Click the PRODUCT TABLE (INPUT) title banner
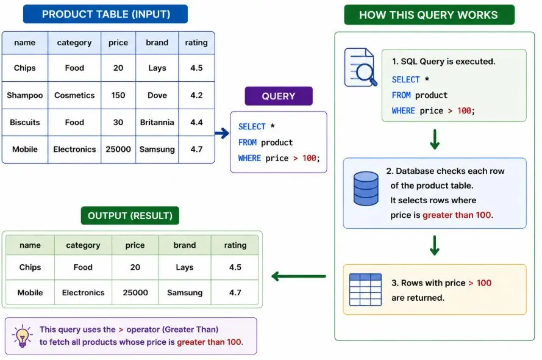tap(105, 14)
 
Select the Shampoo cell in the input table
tap(25, 95)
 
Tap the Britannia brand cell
tap(157, 123)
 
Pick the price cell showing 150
tap(118, 95)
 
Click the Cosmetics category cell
tap(74, 95)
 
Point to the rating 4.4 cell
tap(196, 123)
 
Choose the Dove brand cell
tap(157, 95)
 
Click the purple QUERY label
tap(279, 96)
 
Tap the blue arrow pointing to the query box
tap(222, 133)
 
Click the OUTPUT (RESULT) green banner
tap(130, 215)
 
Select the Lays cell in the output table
tap(185, 267)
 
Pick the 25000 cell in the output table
tap(135, 292)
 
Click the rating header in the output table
tap(235, 245)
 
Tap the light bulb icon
tap(22, 336)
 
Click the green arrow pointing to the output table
tap(299, 276)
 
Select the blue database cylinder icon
tap(366, 189)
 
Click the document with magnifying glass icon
tap(360, 68)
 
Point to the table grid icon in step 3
tap(365, 290)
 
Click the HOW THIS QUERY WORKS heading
tap(429, 15)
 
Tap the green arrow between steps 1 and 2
tap(435, 139)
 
